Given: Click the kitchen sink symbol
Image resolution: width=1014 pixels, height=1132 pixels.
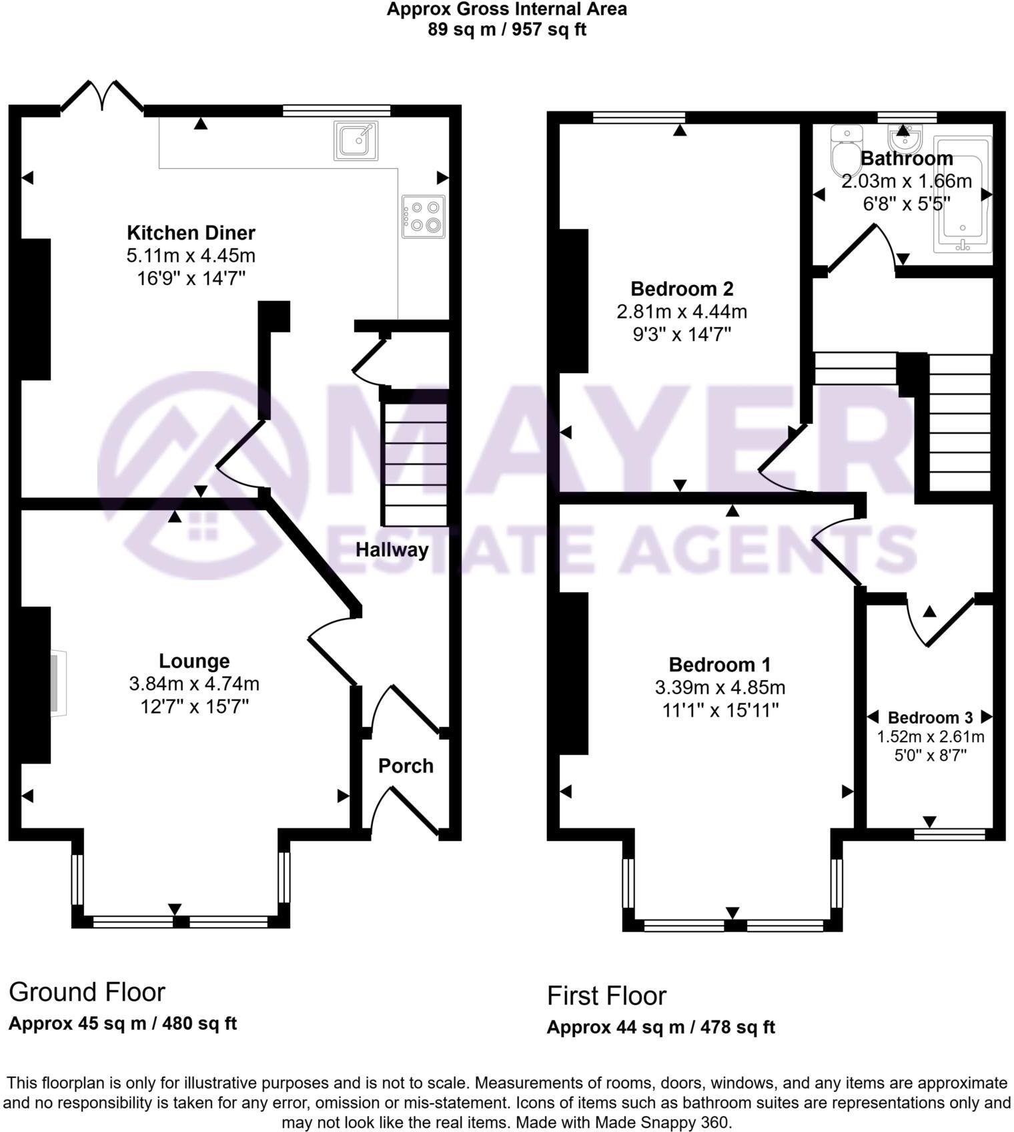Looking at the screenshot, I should tap(356, 140).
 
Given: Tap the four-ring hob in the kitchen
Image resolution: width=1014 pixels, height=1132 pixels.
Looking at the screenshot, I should tap(424, 216).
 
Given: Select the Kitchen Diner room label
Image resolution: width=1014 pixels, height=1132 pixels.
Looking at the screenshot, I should tap(191, 233).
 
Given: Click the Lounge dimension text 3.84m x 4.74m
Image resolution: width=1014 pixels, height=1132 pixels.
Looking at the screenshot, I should tap(194, 683).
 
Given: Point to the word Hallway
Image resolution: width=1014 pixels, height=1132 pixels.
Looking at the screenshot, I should tap(392, 550).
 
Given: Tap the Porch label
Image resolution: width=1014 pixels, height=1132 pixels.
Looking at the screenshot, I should tap(406, 766).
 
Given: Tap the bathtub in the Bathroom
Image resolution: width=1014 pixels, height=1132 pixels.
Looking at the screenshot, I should tap(963, 194).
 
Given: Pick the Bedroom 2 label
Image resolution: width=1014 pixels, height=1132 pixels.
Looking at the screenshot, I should tap(682, 289).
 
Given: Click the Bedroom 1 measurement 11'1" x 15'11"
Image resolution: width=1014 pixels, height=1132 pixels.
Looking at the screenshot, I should tap(720, 710).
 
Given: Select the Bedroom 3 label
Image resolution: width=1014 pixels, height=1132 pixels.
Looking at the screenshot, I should tap(930, 718).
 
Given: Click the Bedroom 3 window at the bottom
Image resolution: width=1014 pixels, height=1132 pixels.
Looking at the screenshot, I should tap(949, 834).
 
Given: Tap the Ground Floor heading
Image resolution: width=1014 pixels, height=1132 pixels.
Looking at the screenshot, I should tap(87, 992).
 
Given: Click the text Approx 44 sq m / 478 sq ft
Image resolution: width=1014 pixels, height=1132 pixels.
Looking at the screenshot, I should tap(660, 1027).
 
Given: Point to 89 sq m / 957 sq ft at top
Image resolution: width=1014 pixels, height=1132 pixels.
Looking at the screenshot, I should tap(507, 30).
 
